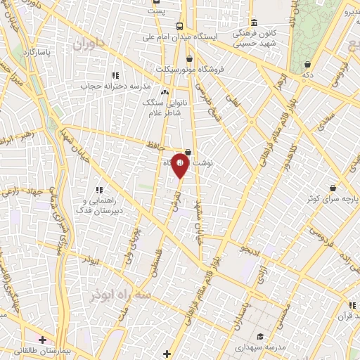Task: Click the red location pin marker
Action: pyautogui.click(x=181, y=165)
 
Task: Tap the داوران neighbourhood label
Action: pyautogui.click(x=88, y=44)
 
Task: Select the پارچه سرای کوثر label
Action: pyautogui.click(x=332, y=199)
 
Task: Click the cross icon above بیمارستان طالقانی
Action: pyautogui.click(x=43, y=340)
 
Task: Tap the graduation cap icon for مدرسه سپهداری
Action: pyautogui.click(x=260, y=336)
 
